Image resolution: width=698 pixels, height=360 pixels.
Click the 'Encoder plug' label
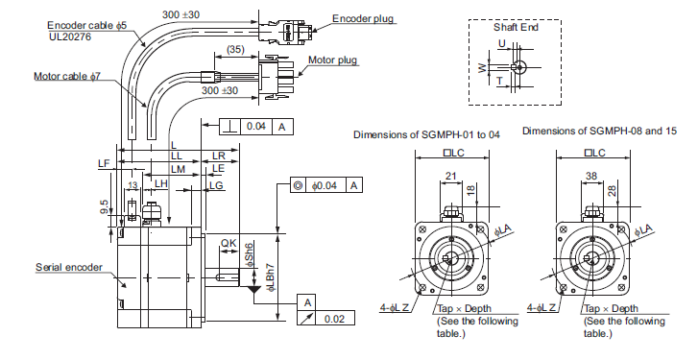[x=363, y=18]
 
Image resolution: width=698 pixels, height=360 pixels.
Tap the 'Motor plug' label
[x=332, y=60]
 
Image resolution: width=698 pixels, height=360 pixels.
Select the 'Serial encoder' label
[x=69, y=268]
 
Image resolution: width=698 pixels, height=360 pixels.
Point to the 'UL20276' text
[x=70, y=36]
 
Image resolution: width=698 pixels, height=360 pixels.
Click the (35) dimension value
[x=235, y=49]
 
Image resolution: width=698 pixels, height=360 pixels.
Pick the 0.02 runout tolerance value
[x=334, y=319]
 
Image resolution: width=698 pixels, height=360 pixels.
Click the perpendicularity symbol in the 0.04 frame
[x=230, y=127]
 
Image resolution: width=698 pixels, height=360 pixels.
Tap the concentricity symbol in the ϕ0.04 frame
[x=299, y=185]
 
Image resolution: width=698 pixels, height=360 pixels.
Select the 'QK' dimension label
[x=229, y=243]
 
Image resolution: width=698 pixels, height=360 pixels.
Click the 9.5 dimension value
[x=104, y=206]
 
